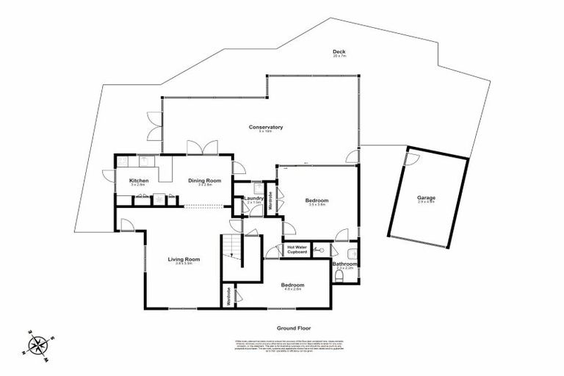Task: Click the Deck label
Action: (x=339, y=51)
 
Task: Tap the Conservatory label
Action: (x=266, y=128)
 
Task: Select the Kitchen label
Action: (x=140, y=181)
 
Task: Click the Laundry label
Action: (x=254, y=198)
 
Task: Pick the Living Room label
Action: (x=184, y=259)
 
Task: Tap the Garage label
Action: (x=427, y=198)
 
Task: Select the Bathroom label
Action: (x=344, y=264)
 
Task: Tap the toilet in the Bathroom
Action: (x=345, y=277)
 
